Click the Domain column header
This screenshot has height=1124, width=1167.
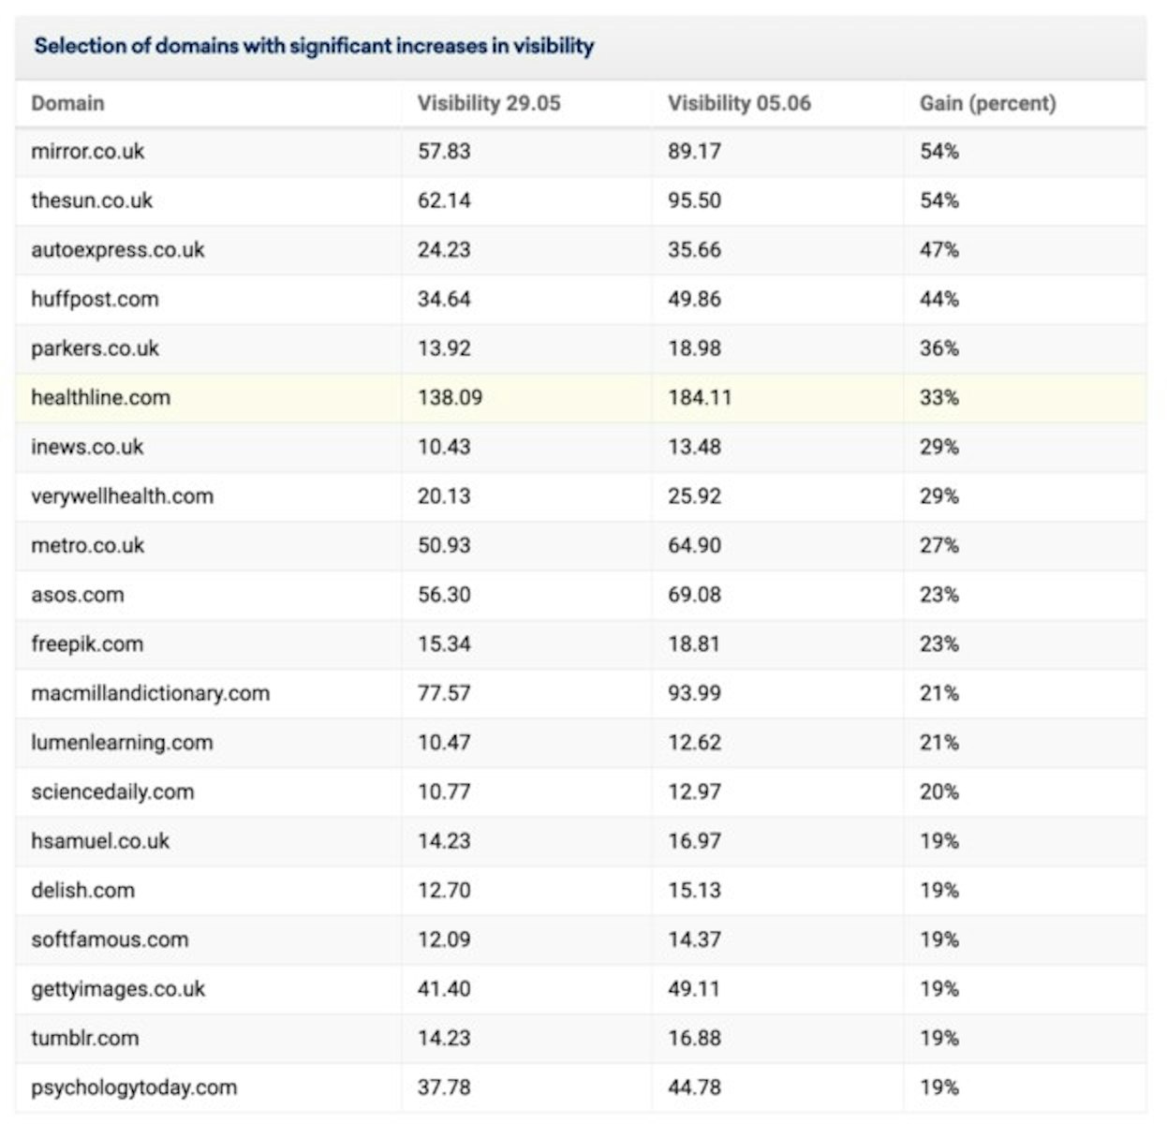[x=67, y=103]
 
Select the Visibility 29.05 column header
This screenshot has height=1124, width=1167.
[x=488, y=103]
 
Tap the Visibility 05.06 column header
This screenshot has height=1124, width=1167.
[x=738, y=103]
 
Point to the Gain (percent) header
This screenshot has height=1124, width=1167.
[x=987, y=103]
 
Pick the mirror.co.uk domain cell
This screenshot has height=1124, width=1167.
[x=88, y=152]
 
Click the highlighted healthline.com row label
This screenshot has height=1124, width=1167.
[x=101, y=397]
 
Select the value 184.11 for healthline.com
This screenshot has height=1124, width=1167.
[x=699, y=397]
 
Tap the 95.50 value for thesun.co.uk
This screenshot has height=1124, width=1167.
[x=694, y=200]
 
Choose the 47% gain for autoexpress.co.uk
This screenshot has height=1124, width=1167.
[x=938, y=250]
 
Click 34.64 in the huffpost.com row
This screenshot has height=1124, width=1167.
[x=444, y=299]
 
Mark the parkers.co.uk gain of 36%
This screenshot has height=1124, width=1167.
[x=938, y=348]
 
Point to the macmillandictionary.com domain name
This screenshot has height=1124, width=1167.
[x=150, y=693]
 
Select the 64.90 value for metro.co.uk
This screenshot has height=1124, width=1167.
[x=694, y=545]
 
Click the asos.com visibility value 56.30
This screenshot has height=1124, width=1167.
[x=444, y=595]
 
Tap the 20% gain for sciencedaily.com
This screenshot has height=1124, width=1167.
[x=938, y=791]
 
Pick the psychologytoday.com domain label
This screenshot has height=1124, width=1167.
[x=134, y=1087]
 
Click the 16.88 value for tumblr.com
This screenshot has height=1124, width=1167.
[x=694, y=1038]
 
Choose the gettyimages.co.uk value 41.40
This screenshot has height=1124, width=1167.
[x=444, y=989]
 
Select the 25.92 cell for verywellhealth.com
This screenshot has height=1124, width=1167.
[x=694, y=496]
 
